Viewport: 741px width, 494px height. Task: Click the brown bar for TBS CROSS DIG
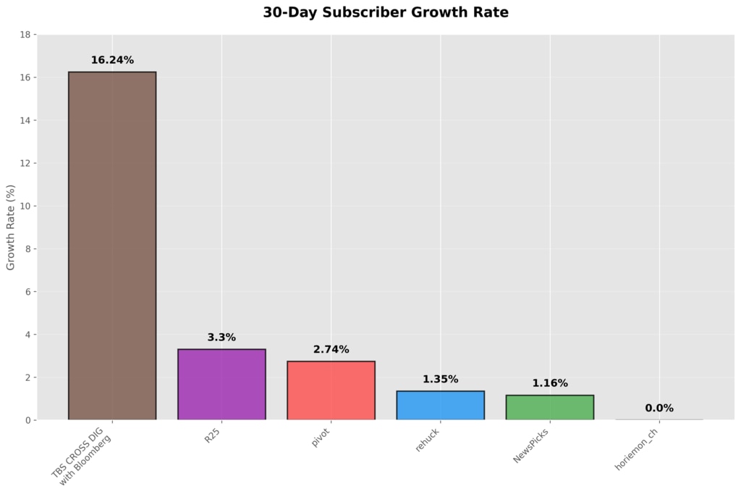click(x=112, y=246)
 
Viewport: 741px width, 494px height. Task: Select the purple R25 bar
click(x=221, y=384)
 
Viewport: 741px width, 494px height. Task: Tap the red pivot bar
click(x=331, y=390)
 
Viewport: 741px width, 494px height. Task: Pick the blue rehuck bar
click(x=441, y=406)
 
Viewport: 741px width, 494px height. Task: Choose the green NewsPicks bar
click(x=550, y=407)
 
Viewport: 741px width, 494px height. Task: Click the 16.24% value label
click(x=112, y=60)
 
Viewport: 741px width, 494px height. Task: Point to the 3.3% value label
click(x=221, y=338)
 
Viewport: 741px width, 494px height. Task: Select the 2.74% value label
click(x=331, y=350)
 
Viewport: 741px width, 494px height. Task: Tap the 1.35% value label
click(x=441, y=379)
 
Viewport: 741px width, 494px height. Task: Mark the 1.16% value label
click(x=550, y=383)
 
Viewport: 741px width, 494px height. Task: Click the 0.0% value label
click(x=659, y=408)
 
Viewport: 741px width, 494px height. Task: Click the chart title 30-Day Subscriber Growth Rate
click(x=386, y=12)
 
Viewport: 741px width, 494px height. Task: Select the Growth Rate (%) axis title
click(x=10, y=227)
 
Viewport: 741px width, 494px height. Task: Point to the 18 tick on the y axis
click(x=25, y=35)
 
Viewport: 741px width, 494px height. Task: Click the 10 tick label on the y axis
click(x=25, y=206)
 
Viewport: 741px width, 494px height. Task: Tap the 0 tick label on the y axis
click(x=28, y=420)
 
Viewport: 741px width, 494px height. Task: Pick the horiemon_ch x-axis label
click(x=636, y=450)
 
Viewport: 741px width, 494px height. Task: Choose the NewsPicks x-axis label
click(x=530, y=445)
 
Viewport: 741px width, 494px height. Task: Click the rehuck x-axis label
click(x=427, y=440)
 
